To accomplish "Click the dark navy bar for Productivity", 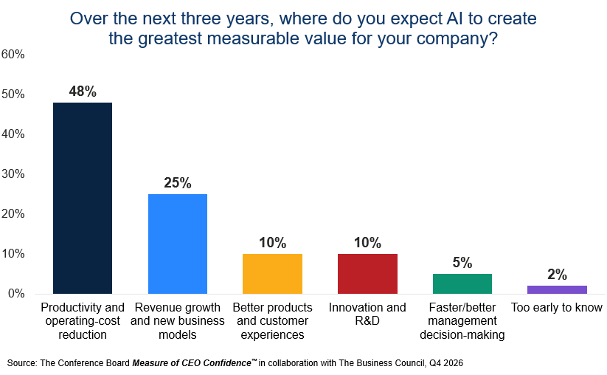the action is [x=83, y=198].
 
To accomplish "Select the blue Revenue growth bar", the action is [x=178, y=244].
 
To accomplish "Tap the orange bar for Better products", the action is [x=273, y=274].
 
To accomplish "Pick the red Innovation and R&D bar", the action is [x=367, y=274].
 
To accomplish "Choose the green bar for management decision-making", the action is [x=462, y=283].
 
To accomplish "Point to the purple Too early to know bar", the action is [x=557, y=289].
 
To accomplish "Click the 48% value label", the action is [x=83, y=92].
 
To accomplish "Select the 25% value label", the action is [x=178, y=183].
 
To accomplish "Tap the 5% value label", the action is [x=462, y=263].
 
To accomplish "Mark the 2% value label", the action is [x=557, y=275].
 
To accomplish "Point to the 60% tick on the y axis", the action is [x=13, y=54].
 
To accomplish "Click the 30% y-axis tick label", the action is [x=13, y=174].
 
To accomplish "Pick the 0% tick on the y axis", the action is [x=16, y=294].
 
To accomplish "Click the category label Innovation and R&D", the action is [x=367, y=314].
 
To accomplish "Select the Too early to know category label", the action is [x=557, y=308].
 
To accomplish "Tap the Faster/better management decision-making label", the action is [x=462, y=321].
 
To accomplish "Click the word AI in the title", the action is [x=454, y=18].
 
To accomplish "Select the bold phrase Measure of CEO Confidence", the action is [x=192, y=363].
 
